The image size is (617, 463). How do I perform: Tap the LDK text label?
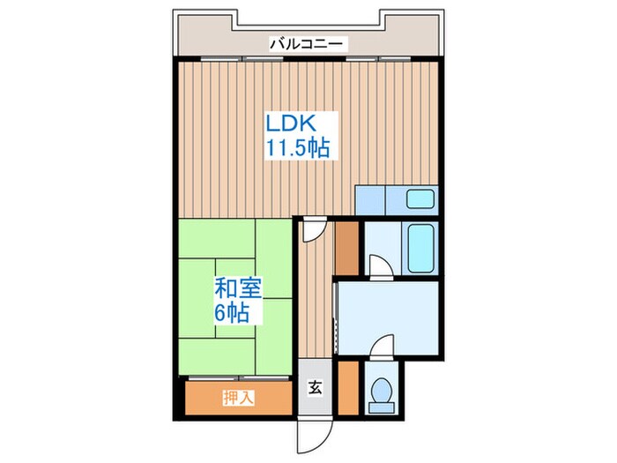click(291, 123)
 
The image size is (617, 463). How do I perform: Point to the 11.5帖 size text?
click(298, 148)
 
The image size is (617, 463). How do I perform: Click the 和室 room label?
click(238, 290)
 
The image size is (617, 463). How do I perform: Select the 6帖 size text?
click(231, 313)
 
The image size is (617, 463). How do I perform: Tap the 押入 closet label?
click(239, 398)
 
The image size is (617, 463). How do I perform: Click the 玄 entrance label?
click(315, 388)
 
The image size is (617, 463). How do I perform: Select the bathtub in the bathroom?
click(420, 248)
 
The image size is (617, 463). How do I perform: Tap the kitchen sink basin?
click(420, 198)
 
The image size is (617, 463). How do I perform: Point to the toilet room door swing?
click(383, 347)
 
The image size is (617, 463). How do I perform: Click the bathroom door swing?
click(381, 266)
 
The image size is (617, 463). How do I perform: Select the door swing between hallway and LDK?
click(314, 230)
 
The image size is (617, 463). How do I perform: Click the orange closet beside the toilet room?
click(348, 387)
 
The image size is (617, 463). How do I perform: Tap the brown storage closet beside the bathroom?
click(347, 248)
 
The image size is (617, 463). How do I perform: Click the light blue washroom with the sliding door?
click(389, 318)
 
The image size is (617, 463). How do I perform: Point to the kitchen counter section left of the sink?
click(370, 200)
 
